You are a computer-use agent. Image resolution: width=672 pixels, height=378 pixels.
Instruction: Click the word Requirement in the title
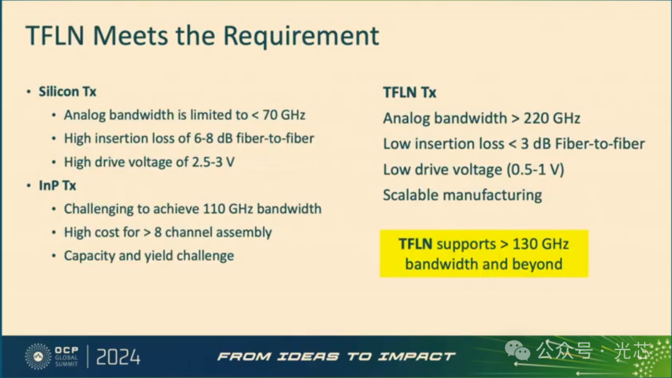(301, 35)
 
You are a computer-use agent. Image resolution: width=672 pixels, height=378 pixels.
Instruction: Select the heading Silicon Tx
(67, 92)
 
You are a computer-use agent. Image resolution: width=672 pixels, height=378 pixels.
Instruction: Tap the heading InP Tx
(57, 186)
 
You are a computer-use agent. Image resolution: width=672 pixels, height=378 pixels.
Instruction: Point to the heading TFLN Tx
(409, 92)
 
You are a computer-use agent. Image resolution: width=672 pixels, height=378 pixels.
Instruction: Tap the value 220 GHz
(551, 118)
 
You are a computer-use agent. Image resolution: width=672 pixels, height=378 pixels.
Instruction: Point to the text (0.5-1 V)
(535, 169)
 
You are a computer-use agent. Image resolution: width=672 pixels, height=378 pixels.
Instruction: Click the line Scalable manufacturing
(462, 195)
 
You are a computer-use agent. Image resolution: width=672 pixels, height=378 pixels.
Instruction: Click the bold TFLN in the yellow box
(415, 243)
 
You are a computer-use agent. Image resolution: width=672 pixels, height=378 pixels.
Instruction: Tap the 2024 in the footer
(118, 357)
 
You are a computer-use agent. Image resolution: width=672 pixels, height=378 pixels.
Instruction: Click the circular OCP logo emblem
(38, 356)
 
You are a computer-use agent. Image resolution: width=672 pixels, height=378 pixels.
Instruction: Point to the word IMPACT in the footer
(416, 356)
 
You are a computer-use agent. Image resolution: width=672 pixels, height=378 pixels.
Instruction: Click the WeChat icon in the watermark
(517, 351)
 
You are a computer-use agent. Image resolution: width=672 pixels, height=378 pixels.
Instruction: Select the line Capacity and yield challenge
(149, 256)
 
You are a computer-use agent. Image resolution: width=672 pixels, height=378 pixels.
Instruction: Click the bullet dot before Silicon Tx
(29, 92)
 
